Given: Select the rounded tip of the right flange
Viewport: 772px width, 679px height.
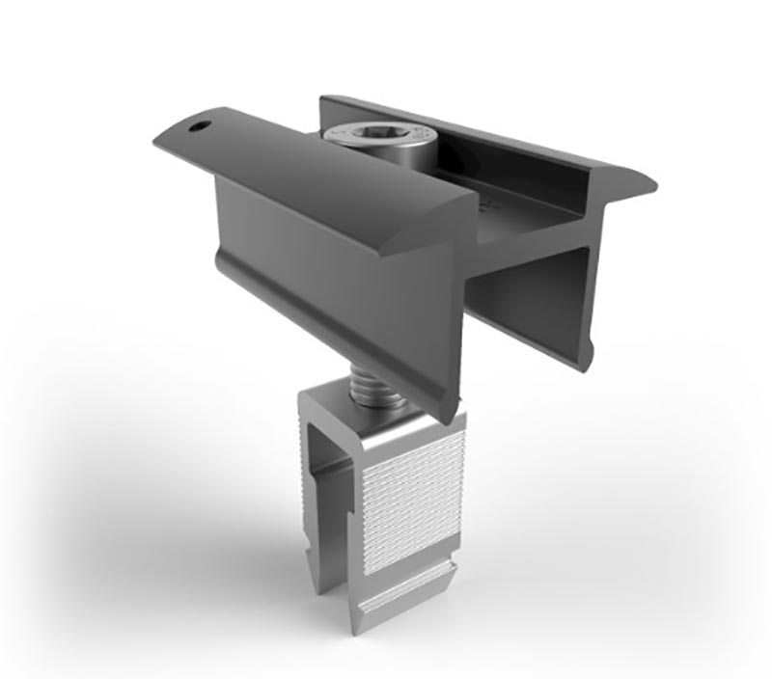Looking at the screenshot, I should pos(642,183).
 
